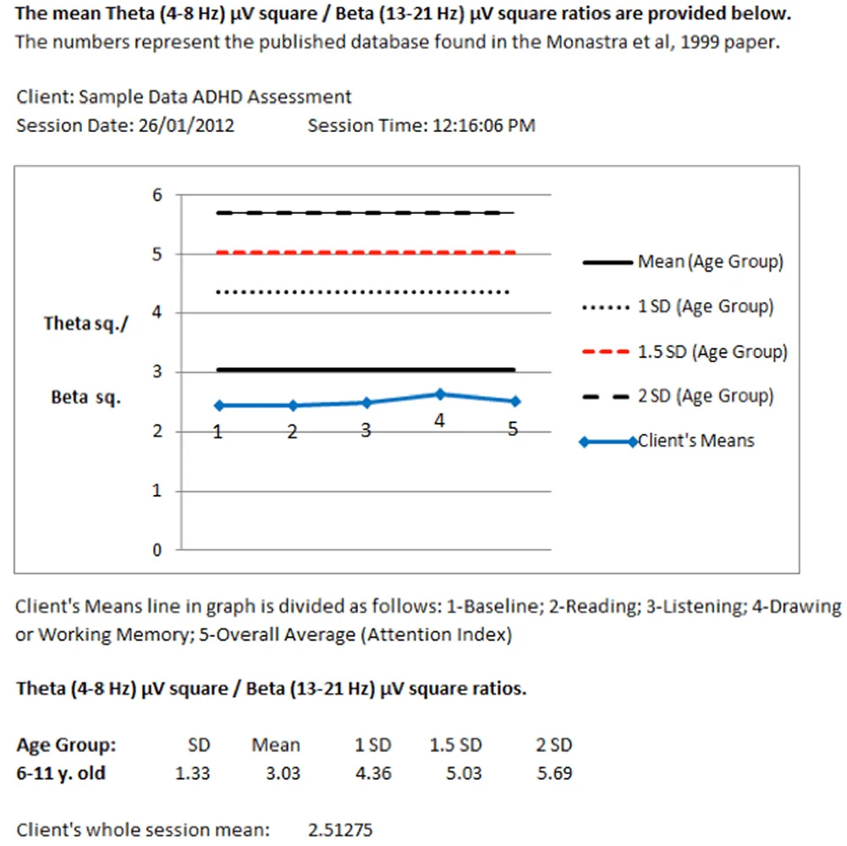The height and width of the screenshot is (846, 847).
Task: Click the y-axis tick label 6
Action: (x=157, y=195)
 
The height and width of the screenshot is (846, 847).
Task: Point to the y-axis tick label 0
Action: (x=157, y=550)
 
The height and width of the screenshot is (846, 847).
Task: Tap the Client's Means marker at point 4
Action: (x=439, y=394)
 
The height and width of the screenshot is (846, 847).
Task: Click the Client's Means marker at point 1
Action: (x=217, y=405)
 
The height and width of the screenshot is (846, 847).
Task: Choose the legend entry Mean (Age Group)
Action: (x=710, y=262)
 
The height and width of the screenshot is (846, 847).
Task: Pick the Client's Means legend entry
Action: (x=696, y=441)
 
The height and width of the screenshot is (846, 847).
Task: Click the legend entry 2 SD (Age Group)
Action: (x=705, y=396)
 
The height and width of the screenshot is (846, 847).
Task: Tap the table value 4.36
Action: (x=373, y=773)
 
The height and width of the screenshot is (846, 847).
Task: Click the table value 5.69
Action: (x=555, y=773)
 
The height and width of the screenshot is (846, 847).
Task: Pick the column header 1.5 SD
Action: (x=456, y=745)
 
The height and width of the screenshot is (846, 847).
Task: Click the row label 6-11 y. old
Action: (x=61, y=773)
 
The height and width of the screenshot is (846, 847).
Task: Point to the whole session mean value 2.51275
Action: (x=340, y=829)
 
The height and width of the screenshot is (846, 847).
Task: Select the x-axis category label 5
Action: (x=513, y=429)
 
